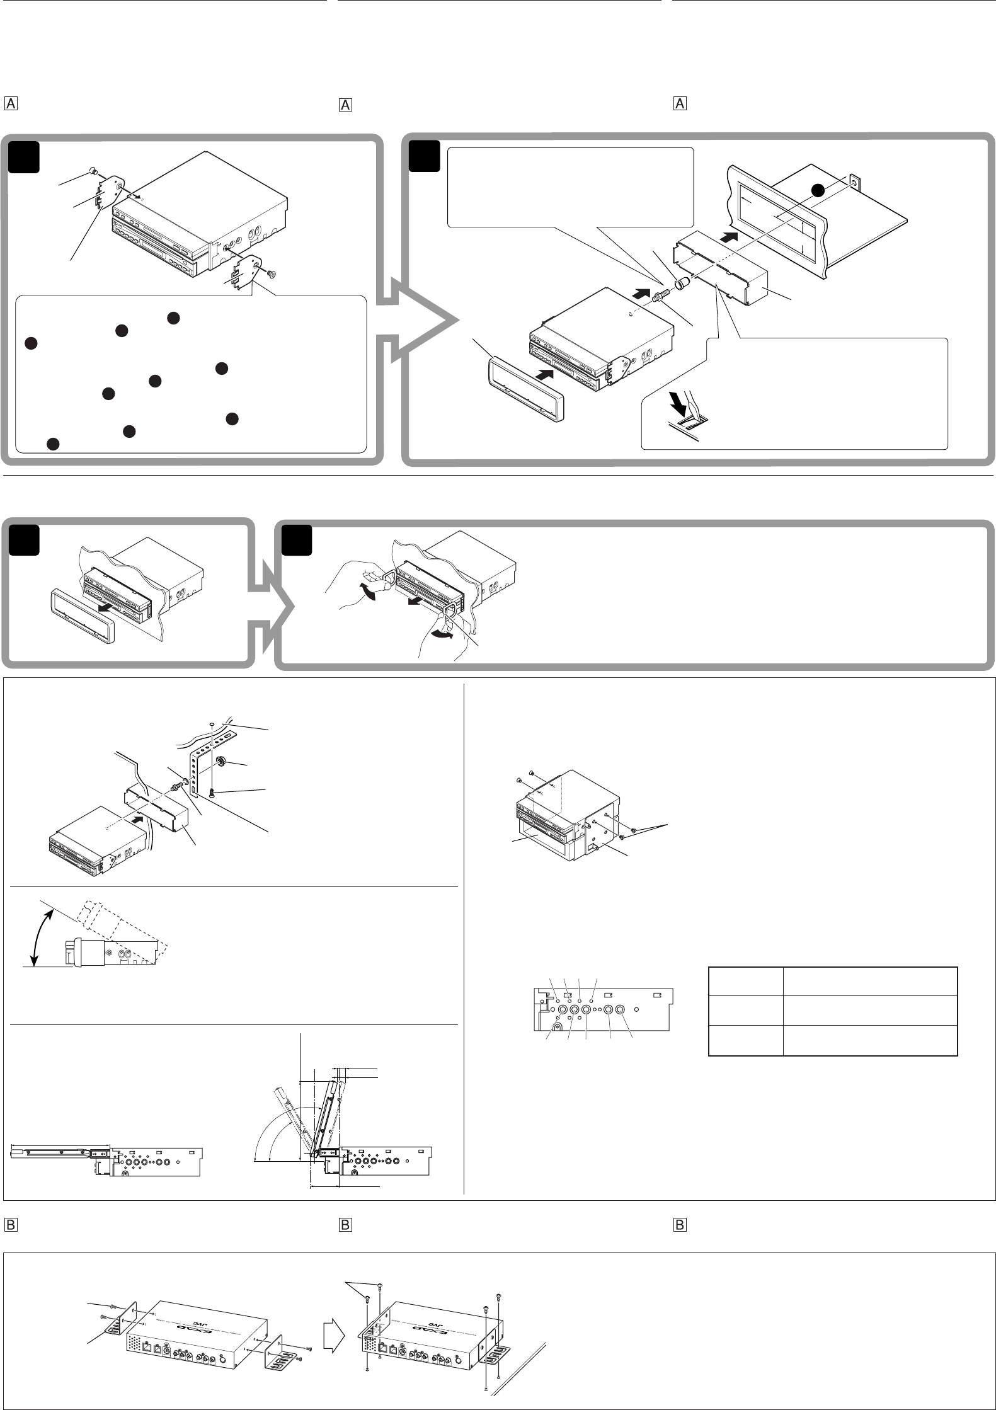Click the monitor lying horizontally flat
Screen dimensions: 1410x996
pyautogui.click(x=60, y=1152)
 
